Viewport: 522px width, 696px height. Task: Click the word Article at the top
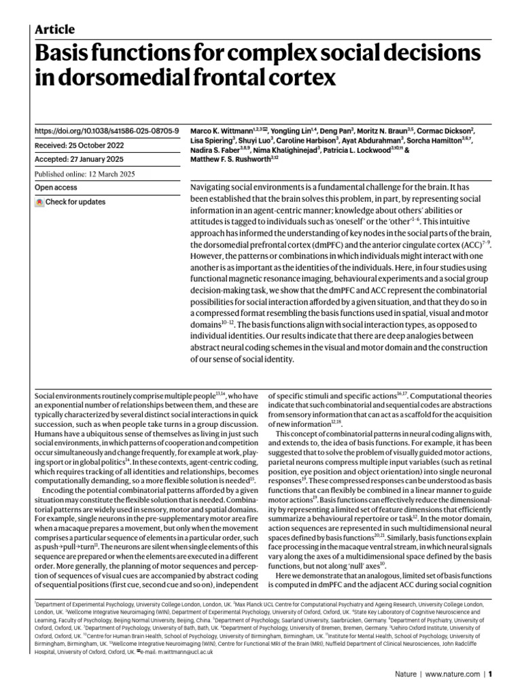pyautogui.click(x=54, y=29)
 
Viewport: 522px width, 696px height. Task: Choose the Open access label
pyautogui.click(x=56, y=188)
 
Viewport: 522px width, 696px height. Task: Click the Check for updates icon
pyautogui.click(x=40, y=203)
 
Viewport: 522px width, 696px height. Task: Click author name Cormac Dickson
pyautogui.click(x=445, y=130)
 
